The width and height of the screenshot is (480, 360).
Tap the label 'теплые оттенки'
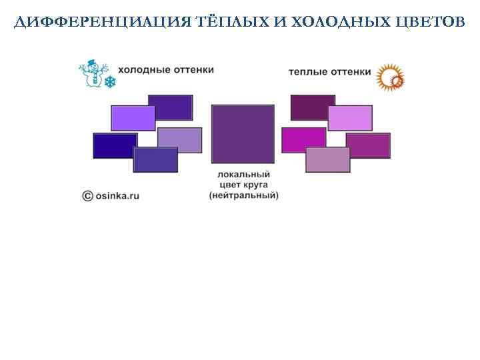tap(330, 71)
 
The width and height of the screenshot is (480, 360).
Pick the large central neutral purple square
tap(243, 133)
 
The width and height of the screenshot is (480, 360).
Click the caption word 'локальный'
tap(243, 174)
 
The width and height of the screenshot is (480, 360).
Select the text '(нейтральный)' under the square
tap(243, 195)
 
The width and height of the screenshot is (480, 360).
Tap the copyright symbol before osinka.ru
tap(87, 195)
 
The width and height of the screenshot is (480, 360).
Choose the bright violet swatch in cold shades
tap(133, 118)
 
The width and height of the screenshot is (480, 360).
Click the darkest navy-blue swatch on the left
tap(114, 145)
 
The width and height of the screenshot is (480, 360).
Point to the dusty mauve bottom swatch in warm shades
tap(327, 160)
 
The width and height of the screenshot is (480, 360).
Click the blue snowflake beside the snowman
tap(109, 81)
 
